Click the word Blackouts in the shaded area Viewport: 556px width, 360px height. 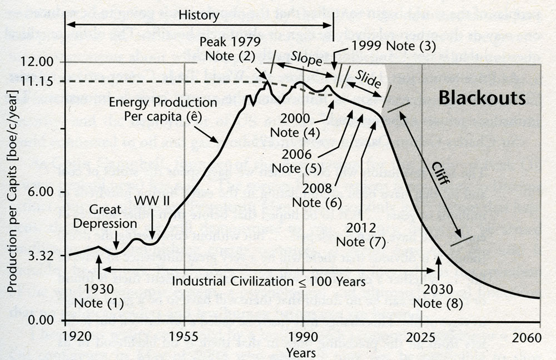click(482, 98)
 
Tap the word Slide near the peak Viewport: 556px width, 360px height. click(368, 80)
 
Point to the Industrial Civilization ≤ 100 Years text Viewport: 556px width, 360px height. click(269, 281)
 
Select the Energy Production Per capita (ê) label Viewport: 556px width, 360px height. click(163, 109)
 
